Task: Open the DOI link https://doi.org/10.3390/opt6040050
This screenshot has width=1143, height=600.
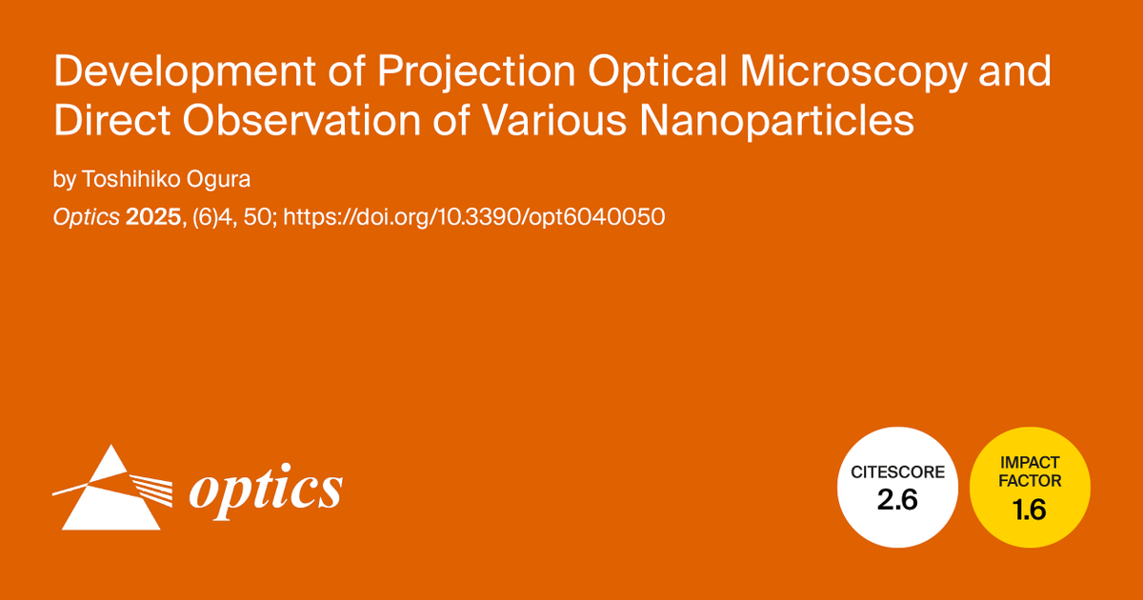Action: [473, 217]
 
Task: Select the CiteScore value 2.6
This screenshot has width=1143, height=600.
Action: [896, 501]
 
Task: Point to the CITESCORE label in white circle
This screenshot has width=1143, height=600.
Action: [896, 471]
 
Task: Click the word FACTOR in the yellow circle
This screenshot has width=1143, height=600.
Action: [1030, 481]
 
